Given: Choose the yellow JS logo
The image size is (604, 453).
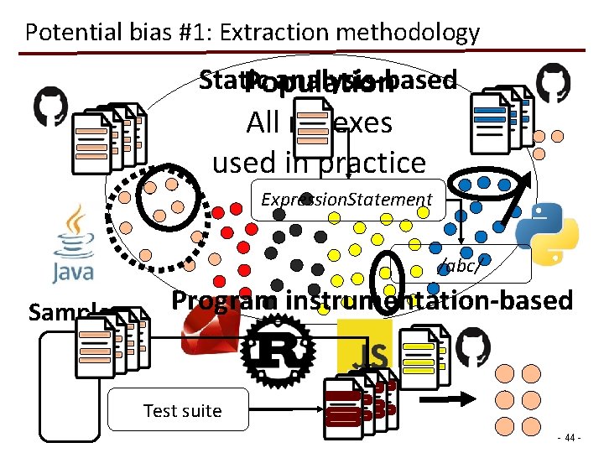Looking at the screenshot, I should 364,348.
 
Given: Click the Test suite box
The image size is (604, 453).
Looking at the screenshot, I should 182,410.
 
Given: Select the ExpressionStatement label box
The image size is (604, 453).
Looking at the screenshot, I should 346,199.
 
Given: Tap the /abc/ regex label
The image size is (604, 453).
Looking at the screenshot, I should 459,267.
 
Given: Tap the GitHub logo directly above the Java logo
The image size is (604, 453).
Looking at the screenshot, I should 49,107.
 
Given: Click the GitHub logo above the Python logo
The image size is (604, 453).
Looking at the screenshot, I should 553,83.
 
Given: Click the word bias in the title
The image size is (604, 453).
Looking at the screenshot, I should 143,33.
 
